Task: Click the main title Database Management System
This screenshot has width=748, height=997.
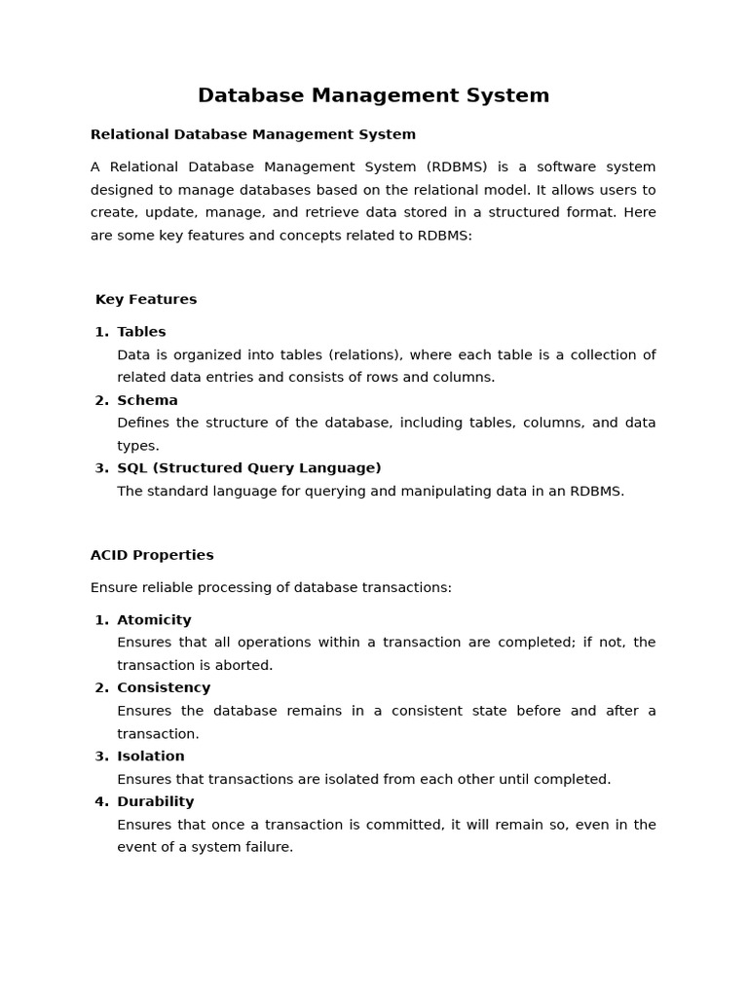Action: pos(373,95)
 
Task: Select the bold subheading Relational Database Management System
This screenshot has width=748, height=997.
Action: pos(253,134)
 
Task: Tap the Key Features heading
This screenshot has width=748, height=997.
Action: pos(146,299)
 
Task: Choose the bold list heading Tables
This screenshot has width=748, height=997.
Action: pos(141,332)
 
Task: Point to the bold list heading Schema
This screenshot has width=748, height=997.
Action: pos(147,400)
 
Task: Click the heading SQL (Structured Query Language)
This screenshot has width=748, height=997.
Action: pos(249,468)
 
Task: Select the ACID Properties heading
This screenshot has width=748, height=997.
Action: pos(152,555)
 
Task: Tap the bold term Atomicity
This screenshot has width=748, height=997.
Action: pos(154,620)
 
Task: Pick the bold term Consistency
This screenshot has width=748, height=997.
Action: pos(164,687)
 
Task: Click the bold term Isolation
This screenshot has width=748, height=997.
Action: pos(151,756)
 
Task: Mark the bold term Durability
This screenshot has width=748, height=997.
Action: pos(156,801)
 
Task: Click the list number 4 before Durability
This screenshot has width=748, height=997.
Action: pos(100,801)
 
